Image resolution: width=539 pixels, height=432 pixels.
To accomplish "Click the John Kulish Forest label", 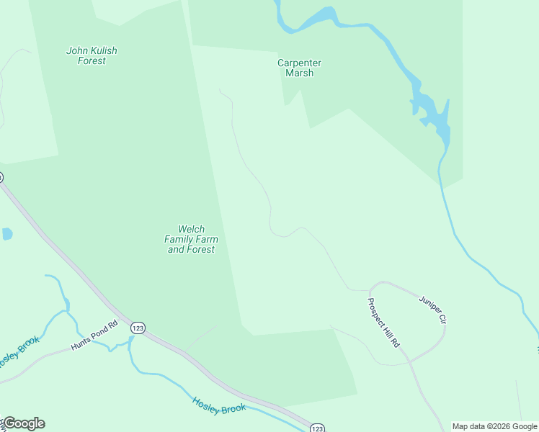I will (92, 55).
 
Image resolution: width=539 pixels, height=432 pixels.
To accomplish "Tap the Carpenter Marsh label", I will (299, 68).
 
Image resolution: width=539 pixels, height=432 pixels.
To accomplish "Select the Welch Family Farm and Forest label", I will (191, 239).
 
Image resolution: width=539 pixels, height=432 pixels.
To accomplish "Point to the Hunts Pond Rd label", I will (94, 336).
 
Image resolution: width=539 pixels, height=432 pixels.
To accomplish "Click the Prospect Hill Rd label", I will (383, 323).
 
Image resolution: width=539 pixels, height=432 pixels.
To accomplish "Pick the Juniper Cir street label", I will (433, 308).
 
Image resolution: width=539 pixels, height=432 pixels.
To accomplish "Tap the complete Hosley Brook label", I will (219, 405).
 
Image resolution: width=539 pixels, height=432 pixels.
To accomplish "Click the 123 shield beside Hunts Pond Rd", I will (138, 328).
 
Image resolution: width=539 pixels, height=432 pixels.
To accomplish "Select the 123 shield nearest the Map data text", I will (318, 428).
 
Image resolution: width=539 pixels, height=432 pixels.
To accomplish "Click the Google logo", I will (24, 423).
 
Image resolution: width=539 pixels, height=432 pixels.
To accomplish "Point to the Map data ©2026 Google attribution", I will (494, 426).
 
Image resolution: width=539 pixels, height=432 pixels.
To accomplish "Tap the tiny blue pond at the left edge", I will (6, 234).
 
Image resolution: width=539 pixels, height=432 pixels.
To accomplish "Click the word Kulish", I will (104, 50).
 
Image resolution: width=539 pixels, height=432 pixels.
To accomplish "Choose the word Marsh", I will (299, 73).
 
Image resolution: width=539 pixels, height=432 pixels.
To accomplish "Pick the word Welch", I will (191, 229).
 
